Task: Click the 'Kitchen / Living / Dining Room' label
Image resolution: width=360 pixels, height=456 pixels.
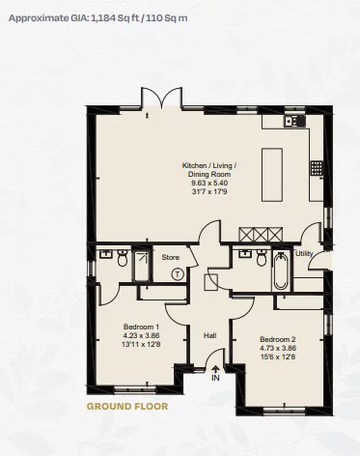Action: pos(209,170)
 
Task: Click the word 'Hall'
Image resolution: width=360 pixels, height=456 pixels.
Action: pos(209,335)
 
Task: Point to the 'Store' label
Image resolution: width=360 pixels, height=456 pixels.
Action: pos(171,257)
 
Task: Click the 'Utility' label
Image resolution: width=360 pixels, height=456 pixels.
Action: pos(304,253)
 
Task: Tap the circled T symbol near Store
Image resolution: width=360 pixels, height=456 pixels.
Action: pos(178,274)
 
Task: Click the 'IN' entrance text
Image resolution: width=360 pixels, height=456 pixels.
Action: pos(216,379)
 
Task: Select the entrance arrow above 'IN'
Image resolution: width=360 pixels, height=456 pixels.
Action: pos(215,368)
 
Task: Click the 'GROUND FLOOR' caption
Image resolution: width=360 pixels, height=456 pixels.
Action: pos(127,407)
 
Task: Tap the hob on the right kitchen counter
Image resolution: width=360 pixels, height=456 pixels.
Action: pos(316,167)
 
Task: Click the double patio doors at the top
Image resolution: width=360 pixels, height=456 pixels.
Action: pos(160,100)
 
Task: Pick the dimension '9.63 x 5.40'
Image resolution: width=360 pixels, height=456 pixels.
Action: pos(209,183)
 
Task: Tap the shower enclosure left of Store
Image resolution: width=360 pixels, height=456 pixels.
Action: pos(141,265)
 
